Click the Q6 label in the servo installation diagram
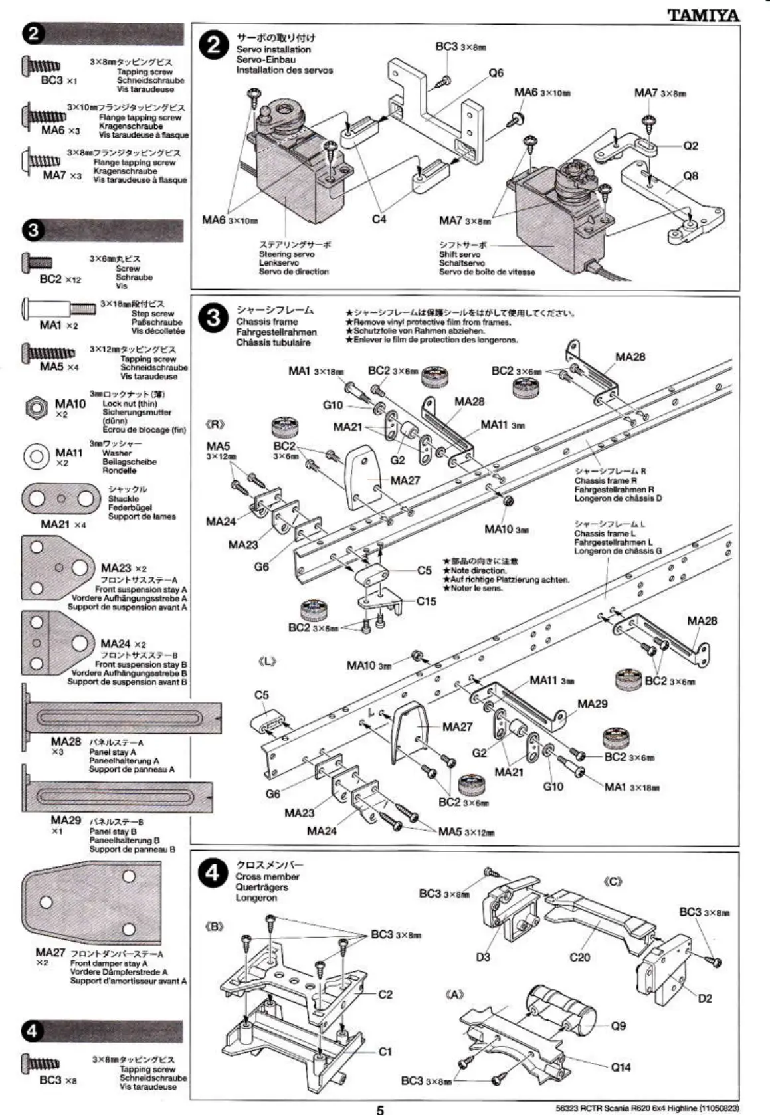click(496, 73)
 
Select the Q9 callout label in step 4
click(619, 1026)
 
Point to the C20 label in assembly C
click(579, 957)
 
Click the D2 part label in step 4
click(705, 998)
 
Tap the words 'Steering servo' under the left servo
click(286, 254)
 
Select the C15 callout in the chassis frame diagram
click(427, 601)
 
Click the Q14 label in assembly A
click(621, 1066)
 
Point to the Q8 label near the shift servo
click(691, 176)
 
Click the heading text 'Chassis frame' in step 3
click(267, 322)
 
